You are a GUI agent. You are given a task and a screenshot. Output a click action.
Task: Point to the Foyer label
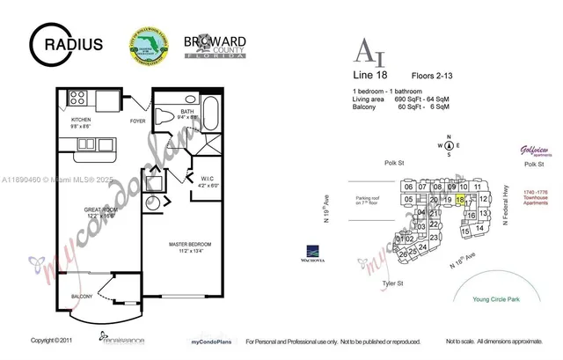138,121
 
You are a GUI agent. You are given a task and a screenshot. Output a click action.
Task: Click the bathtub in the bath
211,119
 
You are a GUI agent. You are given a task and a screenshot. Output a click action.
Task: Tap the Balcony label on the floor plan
82,297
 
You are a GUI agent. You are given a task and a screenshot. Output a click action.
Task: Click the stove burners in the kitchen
77,97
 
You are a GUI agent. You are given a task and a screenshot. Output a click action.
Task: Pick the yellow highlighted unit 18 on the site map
460,200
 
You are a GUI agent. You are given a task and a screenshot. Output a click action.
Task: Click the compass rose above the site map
449,146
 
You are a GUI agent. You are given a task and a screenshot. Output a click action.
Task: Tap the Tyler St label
392,283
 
